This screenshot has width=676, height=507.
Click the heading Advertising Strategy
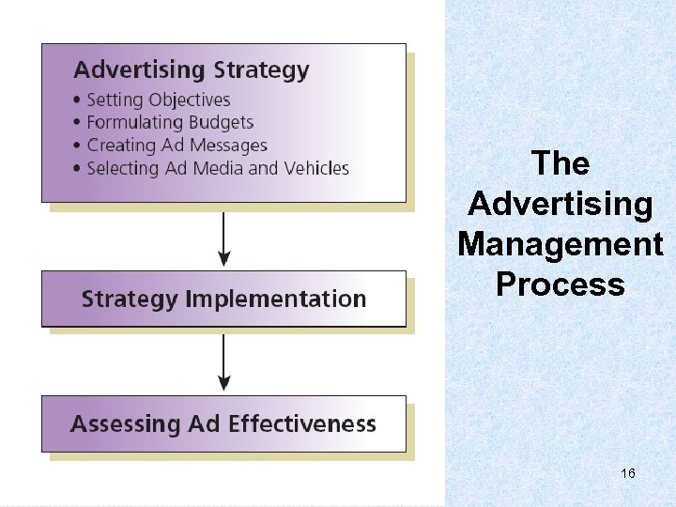pyautogui.click(x=191, y=69)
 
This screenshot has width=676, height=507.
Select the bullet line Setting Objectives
pyautogui.click(x=158, y=100)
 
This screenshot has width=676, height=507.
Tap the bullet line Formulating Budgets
pyautogui.click(x=170, y=122)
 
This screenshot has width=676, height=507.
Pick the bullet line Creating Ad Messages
pyautogui.click(x=177, y=146)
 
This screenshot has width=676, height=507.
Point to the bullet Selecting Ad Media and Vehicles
pyautogui.click(x=217, y=169)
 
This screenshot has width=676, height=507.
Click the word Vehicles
pyautogui.click(x=315, y=169)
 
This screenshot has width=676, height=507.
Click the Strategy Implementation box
pyautogui.click(x=223, y=300)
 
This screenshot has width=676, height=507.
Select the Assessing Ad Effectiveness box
pyautogui.click(x=223, y=423)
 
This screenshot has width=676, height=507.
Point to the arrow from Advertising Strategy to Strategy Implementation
pyautogui.click(x=223, y=238)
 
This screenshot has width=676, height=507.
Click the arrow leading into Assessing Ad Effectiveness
pyautogui.click(x=223, y=363)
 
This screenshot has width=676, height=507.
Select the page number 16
pyautogui.click(x=628, y=473)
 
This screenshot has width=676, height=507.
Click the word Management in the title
pyautogui.click(x=561, y=244)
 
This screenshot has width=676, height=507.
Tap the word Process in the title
pyautogui.click(x=561, y=284)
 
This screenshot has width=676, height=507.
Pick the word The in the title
pyautogui.click(x=561, y=163)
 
